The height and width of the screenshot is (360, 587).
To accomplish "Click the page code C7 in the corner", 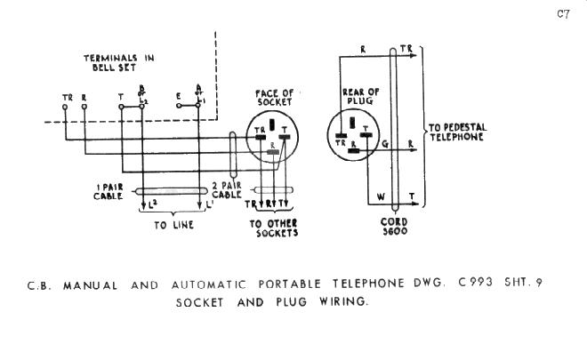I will click(x=562, y=14).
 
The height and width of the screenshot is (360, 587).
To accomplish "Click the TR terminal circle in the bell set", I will click(x=68, y=106).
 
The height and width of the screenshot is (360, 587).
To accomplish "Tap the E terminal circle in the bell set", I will click(x=179, y=105).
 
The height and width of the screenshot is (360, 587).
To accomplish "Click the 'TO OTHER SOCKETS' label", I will click(x=273, y=228).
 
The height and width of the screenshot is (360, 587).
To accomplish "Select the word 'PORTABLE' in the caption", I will click(x=284, y=285).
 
